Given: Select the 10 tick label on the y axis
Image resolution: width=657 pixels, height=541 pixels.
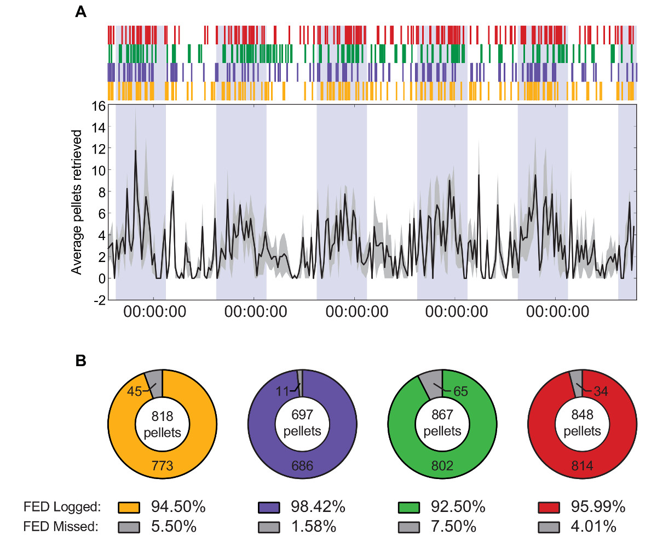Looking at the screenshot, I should pyautogui.click(x=97, y=171).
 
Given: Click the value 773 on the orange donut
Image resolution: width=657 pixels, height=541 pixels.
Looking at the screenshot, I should pyautogui.click(x=162, y=466).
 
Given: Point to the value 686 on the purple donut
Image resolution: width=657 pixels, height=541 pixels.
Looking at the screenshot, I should pyautogui.click(x=302, y=466).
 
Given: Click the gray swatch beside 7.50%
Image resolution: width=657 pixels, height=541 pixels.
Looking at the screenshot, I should pyautogui.click(x=408, y=527).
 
